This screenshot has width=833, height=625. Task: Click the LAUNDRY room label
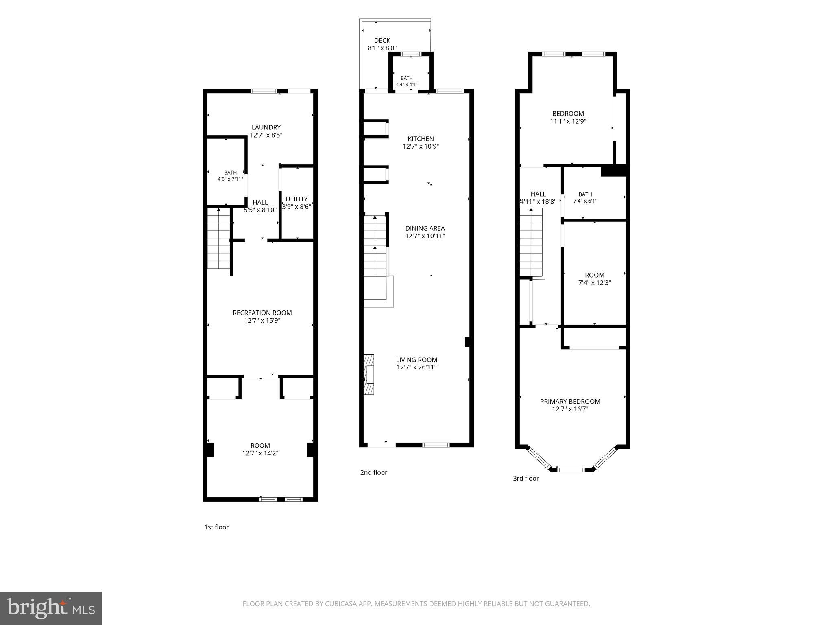[266, 127]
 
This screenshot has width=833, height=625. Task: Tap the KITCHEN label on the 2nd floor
[421, 139]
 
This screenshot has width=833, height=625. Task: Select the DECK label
[382, 40]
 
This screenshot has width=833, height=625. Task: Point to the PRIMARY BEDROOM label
[570, 401]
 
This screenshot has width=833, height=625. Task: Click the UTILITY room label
[297, 199]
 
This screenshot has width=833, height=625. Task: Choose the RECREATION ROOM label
[262, 312]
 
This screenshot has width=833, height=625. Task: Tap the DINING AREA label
[425, 228]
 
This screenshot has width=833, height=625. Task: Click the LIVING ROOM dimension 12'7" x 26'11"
[416, 367]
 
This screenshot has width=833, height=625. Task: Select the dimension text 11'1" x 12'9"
[568, 121]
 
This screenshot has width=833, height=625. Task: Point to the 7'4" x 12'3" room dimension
[595, 283]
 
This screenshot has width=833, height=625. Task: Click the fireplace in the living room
[369, 374]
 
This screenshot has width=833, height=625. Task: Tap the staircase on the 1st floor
[219, 238]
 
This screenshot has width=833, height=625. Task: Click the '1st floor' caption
[216, 527]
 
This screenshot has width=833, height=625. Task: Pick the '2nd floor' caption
[373, 472]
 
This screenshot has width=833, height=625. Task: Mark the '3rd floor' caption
[526, 478]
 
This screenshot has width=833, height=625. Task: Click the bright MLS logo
[51, 608]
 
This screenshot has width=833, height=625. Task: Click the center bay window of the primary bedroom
[571, 470]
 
